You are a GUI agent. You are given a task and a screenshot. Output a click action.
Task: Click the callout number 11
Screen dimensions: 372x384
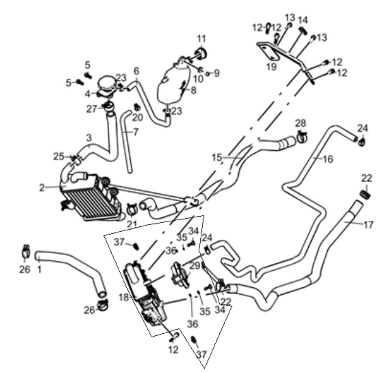pos(202,39)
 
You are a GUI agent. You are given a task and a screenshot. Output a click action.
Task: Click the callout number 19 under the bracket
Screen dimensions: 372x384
pos(271,67)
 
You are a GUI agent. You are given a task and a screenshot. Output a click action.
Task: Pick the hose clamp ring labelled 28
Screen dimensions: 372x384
pos(302,137)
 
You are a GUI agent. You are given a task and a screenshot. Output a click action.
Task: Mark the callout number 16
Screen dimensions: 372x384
pos(327,159)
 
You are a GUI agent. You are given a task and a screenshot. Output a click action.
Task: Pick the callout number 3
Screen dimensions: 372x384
pos(88,138)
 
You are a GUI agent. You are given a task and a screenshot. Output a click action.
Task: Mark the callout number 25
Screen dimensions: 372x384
pos(58,156)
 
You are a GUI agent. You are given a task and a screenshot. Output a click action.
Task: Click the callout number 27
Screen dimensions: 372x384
pos(91,109)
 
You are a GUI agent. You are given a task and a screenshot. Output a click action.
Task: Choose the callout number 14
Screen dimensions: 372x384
pos(303,20)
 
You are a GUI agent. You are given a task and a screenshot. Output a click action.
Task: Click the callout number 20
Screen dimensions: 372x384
pos(138,117)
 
